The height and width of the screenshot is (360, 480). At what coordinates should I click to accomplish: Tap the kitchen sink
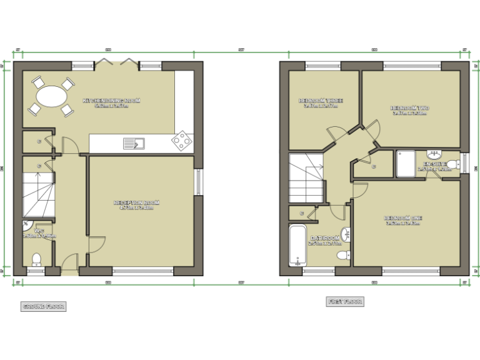133,144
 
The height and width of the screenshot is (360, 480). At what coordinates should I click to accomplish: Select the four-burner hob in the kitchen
182,141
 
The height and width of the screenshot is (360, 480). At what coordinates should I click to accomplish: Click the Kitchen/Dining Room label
111,102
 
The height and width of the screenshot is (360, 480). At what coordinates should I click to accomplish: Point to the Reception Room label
136,205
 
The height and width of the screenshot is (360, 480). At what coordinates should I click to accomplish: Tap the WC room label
39,233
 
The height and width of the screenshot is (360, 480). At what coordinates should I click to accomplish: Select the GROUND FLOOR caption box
43,306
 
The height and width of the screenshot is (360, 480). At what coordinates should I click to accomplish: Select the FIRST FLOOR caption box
344,301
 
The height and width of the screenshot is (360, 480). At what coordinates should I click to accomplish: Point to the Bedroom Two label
410,110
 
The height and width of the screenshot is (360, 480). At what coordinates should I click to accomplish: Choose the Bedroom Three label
321,102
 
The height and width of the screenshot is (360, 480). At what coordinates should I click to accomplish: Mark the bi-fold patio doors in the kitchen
116,62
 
